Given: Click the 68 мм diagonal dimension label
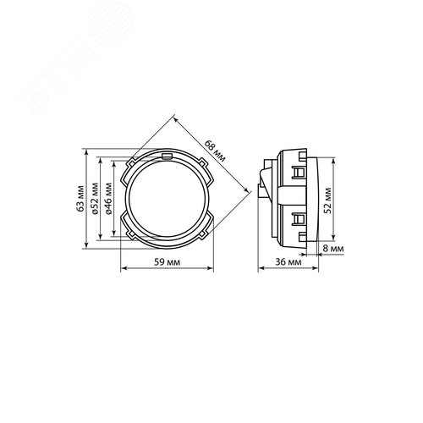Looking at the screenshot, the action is (215, 151).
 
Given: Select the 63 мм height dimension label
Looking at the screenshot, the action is (80, 199).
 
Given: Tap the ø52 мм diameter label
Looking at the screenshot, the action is (95, 199).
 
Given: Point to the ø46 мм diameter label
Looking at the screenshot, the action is (108, 199).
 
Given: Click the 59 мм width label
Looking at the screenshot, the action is (167, 262).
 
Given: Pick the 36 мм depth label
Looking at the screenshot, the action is (288, 262).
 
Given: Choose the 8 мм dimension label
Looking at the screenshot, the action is (333, 249).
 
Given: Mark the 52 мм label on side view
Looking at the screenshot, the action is (327, 201).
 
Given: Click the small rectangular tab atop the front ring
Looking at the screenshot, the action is (168, 157).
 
